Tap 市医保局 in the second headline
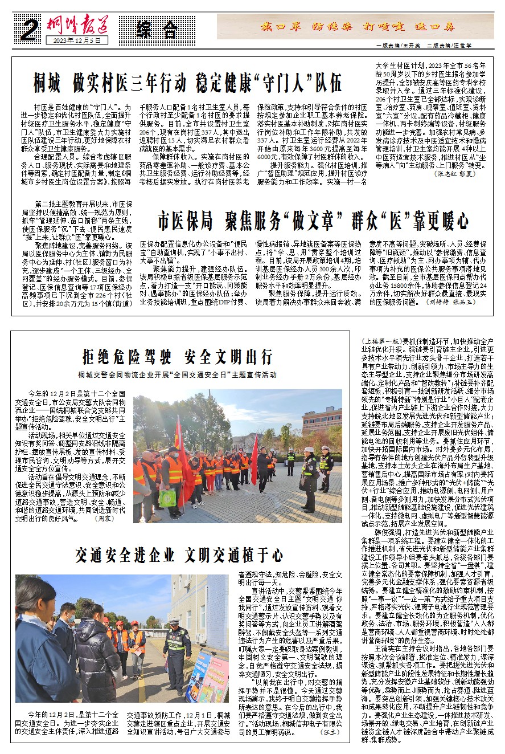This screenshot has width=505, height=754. [x=185, y=220]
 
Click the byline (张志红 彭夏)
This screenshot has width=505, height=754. [x=454, y=173]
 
